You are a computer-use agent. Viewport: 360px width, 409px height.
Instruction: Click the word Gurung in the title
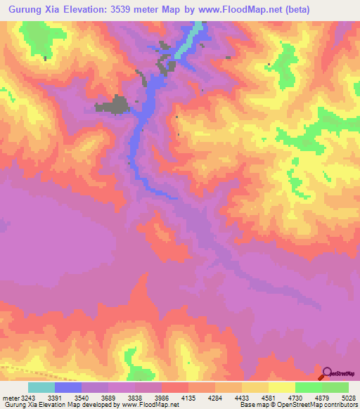pos(27,8)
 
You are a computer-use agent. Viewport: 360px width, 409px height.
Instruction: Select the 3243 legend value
pos(27,396)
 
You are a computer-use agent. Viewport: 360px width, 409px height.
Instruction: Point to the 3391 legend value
pos(54,396)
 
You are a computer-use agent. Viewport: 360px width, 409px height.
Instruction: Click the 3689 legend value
pos(107,396)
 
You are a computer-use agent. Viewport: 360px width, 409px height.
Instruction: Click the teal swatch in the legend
pos(41,387)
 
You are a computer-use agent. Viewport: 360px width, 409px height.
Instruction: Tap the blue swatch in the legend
pos(68,387)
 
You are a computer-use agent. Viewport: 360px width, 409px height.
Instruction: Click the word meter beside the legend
pos(9,396)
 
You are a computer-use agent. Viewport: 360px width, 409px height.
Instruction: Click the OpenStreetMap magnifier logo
pos(328,372)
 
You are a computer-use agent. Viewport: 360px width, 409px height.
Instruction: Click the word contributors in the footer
pos(340,405)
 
